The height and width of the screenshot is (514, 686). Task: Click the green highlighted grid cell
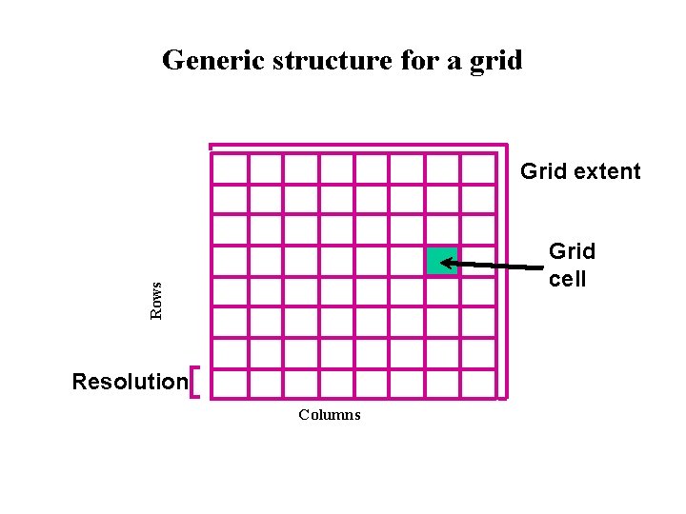tap(442, 260)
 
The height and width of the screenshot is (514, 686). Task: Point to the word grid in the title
tap(500, 60)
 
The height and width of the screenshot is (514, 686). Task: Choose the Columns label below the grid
tap(329, 415)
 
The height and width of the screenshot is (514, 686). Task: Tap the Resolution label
tap(130, 383)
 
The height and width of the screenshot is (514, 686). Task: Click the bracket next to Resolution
tap(194, 383)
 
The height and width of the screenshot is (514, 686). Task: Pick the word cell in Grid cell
tap(567, 279)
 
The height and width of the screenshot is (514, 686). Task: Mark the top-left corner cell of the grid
tap(229, 168)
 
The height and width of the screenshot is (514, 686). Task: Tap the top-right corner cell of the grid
tap(478, 168)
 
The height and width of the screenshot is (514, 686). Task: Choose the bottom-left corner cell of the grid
tap(229, 383)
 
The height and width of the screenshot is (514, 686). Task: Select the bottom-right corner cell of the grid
tap(478, 383)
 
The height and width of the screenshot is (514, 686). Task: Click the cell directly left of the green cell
tap(407, 260)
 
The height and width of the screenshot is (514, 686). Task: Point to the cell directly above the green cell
tap(442, 229)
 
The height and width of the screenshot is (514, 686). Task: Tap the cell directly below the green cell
tap(442, 291)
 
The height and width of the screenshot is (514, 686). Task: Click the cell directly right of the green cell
tap(478, 260)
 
